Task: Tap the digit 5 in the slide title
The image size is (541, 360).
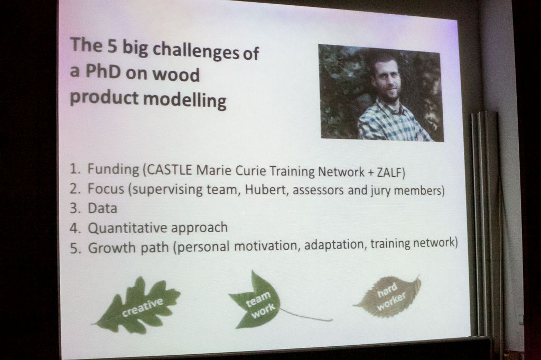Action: pos(112,46)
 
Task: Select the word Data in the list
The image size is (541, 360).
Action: pos(102,209)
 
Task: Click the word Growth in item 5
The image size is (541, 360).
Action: pos(111,248)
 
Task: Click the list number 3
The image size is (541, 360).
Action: pos(74,209)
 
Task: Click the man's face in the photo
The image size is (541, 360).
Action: pos(386,78)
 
